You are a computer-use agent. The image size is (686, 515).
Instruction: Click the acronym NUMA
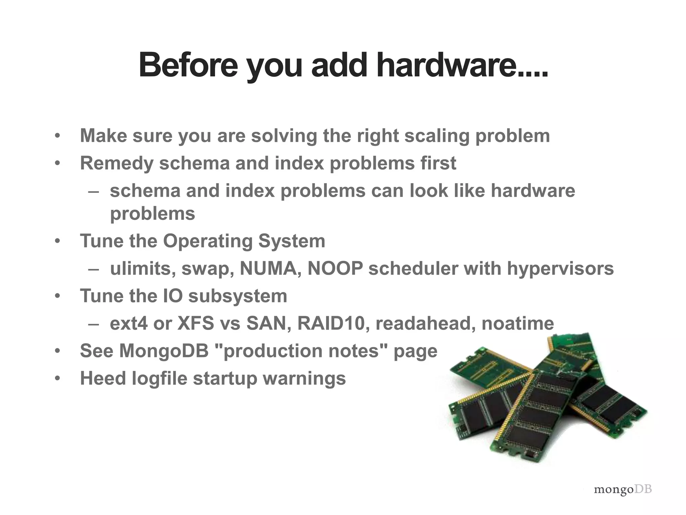click(x=270, y=269)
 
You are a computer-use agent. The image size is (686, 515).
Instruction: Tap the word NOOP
click(x=335, y=269)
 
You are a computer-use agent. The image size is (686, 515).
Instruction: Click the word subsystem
click(x=237, y=296)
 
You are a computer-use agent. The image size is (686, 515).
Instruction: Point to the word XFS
click(x=195, y=324)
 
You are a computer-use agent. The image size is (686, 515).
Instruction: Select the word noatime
click(x=518, y=324)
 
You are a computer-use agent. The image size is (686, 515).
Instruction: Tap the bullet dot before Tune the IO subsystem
click(x=58, y=296)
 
